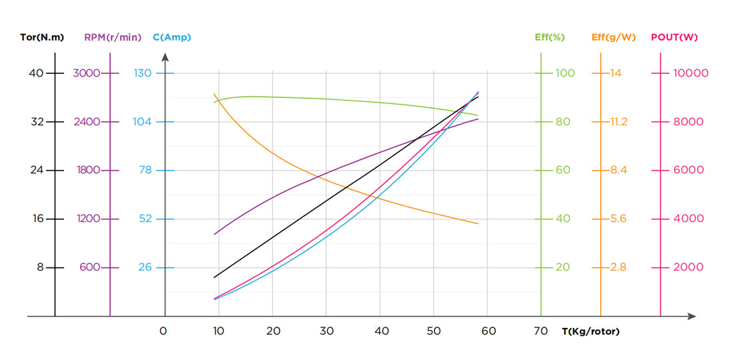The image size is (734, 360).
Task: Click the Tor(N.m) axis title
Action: point(41,37)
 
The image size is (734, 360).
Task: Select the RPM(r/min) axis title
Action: point(113,37)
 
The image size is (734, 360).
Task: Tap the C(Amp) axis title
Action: point(171,37)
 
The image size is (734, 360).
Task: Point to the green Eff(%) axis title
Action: point(550,37)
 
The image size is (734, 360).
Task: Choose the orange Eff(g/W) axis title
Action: point(613,37)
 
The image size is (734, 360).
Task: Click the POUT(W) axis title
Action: point(674,37)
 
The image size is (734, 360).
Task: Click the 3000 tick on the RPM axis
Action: point(86,73)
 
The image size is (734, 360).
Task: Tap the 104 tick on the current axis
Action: point(143,122)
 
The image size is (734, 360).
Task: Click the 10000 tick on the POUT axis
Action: point(691,73)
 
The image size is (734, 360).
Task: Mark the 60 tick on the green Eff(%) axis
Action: point(563,170)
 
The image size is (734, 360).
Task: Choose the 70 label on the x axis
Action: point(541,331)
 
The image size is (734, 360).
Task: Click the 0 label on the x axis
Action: point(163,331)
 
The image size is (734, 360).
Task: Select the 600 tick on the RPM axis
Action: point(89,267)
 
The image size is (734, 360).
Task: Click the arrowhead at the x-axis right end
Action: point(692,316)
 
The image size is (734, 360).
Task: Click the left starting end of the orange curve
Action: point(214,94)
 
